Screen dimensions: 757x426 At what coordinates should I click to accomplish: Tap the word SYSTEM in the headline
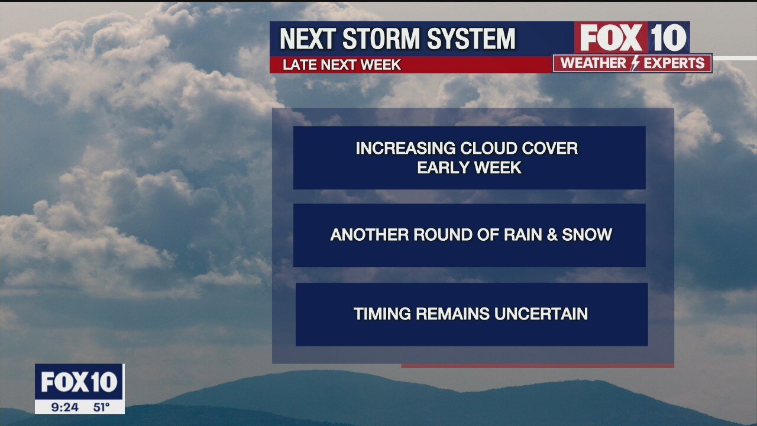tap(471, 39)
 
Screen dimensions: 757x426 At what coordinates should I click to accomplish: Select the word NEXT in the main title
tap(308, 39)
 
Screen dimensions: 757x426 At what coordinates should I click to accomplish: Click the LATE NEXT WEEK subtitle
tap(342, 65)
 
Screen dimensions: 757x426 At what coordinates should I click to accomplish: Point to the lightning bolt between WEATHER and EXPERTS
tap(635, 63)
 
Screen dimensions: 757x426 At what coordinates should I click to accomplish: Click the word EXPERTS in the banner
tap(674, 63)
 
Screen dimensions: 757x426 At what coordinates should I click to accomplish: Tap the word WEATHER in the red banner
tap(593, 63)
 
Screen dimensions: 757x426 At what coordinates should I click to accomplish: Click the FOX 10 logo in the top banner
tap(632, 37)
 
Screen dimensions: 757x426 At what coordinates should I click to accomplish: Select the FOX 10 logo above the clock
tap(79, 382)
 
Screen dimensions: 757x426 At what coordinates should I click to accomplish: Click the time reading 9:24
tap(65, 407)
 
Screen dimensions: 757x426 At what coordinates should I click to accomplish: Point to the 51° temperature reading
tap(101, 407)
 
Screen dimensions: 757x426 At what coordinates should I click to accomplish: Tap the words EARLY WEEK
tap(470, 167)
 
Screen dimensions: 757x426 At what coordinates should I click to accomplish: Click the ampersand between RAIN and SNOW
tap(552, 235)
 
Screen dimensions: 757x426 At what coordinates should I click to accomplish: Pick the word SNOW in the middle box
tap(587, 235)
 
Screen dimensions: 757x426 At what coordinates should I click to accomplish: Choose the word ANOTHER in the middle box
tap(370, 235)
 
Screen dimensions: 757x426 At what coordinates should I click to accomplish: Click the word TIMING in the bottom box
tap(382, 314)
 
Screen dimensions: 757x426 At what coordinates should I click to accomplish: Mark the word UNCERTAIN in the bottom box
tap(541, 314)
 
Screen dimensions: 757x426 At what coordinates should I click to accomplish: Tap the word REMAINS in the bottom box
tap(452, 314)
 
